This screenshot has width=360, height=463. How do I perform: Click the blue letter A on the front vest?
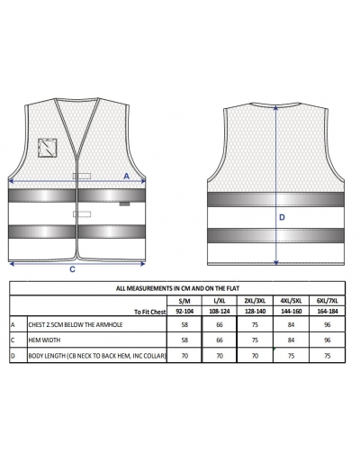pyautogui.click(x=127, y=176)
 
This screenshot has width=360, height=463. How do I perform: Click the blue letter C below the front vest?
pyautogui.click(x=72, y=269)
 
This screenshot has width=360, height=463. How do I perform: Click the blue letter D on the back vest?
pyautogui.click(x=282, y=217)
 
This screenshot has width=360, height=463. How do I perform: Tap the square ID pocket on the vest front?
pyautogui.click(x=48, y=148)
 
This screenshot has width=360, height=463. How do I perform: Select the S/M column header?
pyautogui.click(x=184, y=301)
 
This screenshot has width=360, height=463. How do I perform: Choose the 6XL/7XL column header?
pyautogui.click(x=327, y=301)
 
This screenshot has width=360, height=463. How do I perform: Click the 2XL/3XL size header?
pyautogui.click(x=255, y=301)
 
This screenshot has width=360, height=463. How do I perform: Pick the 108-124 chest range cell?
pyautogui.click(x=220, y=312)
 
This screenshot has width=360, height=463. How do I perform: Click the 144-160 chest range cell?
pyautogui.click(x=291, y=312)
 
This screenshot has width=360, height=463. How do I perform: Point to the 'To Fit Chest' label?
pyautogui.click(x=149, y=312)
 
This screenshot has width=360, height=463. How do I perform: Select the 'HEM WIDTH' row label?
pyautogui.click(x=44, y=340)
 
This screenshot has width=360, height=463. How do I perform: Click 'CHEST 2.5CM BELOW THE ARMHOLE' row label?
pyautogui.click(x=76, y=325)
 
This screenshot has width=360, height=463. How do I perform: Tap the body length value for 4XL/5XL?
pyautogui.click(x=291, y=356)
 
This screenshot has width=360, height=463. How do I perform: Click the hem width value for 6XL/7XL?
pyautogui.click(x=327, y=340)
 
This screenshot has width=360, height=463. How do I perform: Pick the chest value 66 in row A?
pyautogui.click(x=220, y=325)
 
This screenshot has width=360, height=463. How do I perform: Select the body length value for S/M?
pyautogui.click(x=184, y=356)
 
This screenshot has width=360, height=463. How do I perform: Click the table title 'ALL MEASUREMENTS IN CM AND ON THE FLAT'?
pyautogui.click(x=177, y=288)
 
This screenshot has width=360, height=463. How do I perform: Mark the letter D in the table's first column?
pyautogui.click(x=13, y=356)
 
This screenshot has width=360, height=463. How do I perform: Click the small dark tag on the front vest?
pyautogui.click(x=124, y=204)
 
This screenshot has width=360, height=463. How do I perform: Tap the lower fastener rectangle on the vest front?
pyautogui.click(x=82, y=213)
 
